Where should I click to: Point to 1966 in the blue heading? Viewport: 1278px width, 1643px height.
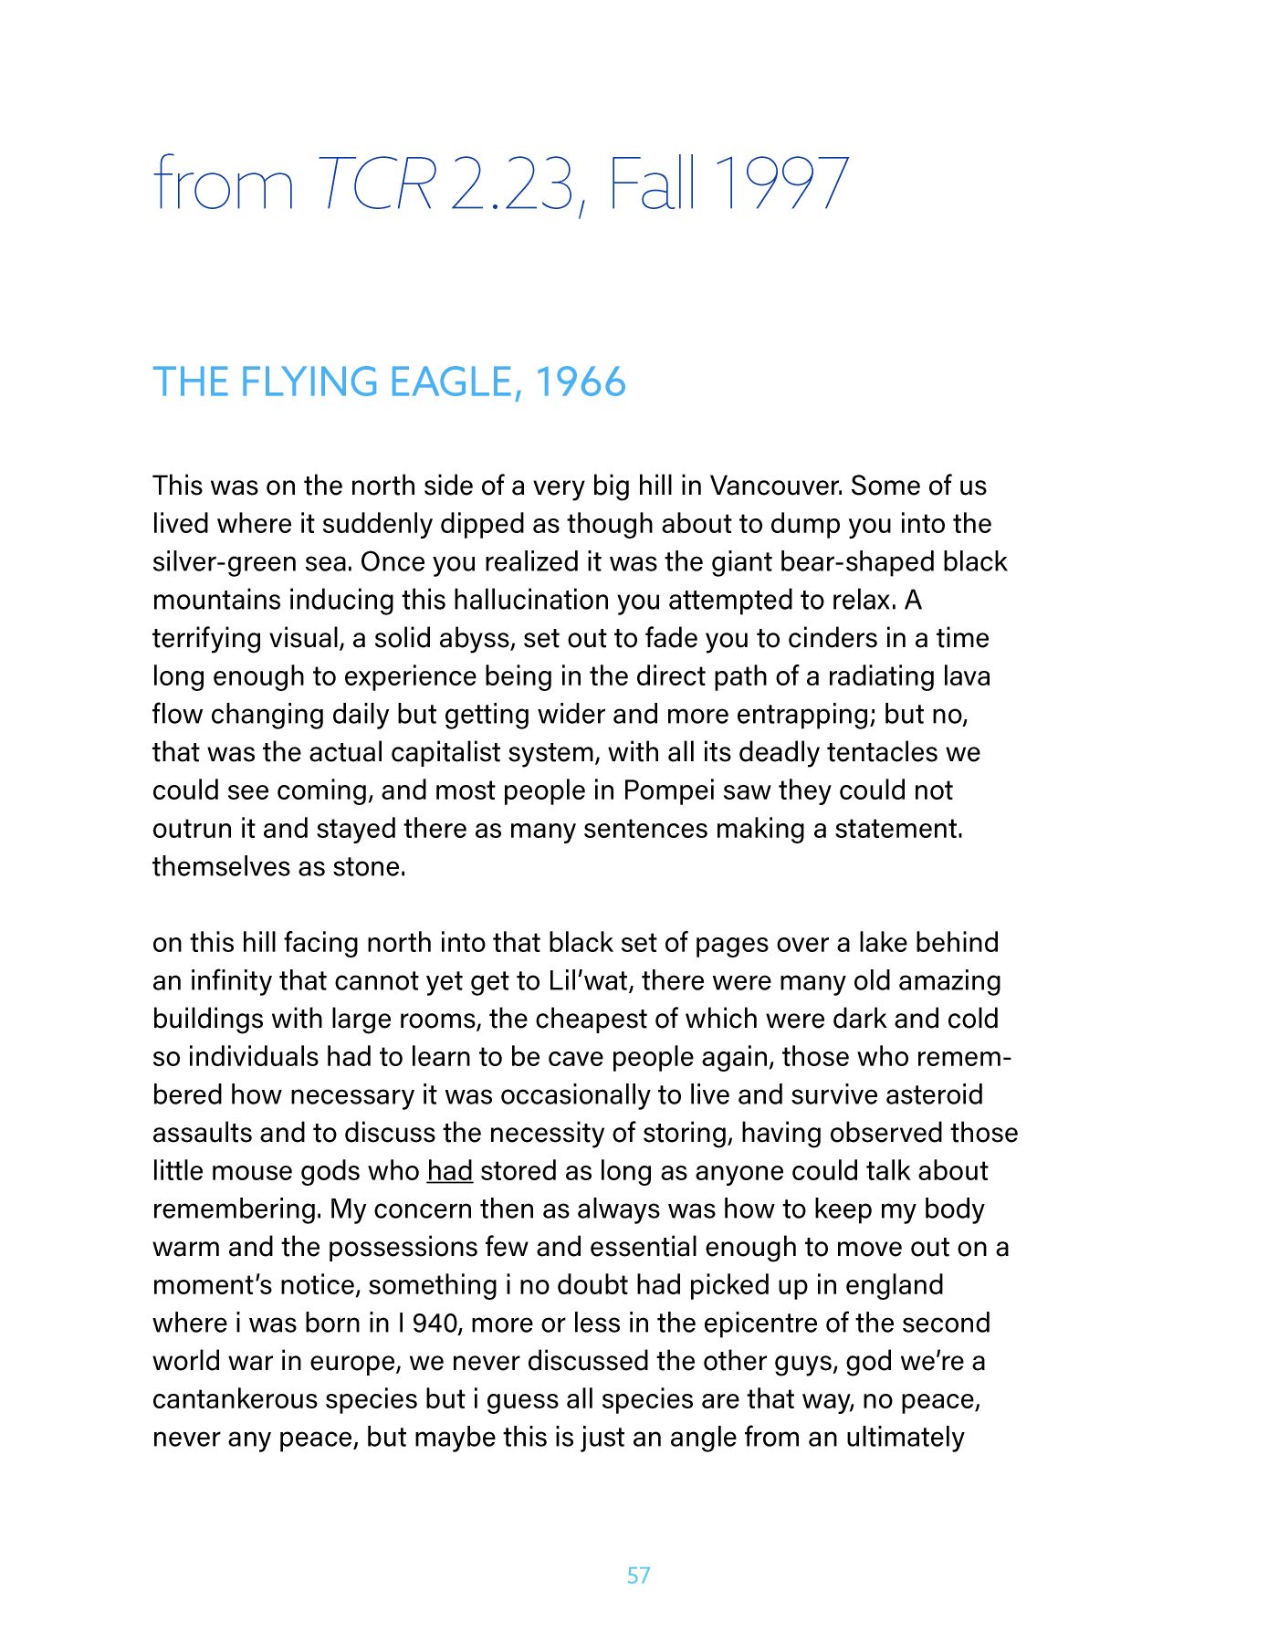(x=581, y=382)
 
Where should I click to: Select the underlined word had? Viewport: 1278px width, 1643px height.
(x=449, y=1171)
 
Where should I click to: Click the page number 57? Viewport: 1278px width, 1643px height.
(x=638, y=1575)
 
